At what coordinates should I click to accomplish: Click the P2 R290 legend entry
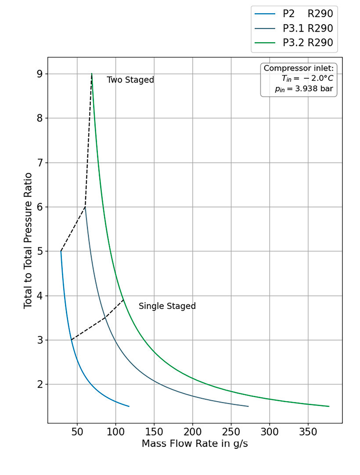pos(307,14)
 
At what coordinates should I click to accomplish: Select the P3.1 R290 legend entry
pos(307,28)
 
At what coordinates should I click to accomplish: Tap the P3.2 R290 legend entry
pos(307,43)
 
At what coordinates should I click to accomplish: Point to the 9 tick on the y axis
pos(39,74)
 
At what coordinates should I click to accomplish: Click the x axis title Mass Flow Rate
pos(194,444)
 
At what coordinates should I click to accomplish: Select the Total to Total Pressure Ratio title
pos(28,240)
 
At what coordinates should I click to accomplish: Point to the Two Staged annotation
pos(130,80)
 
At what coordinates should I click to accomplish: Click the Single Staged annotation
pos(167,306)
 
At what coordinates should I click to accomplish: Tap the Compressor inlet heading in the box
pos(299,69)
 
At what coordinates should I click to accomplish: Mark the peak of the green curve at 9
pos(92,74)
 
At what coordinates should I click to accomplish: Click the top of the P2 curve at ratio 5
pos(61,251)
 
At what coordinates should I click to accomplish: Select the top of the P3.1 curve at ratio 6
pos(85,207)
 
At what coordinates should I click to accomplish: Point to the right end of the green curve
pos(329,406)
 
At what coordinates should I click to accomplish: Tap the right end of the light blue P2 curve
pos(129,406)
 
